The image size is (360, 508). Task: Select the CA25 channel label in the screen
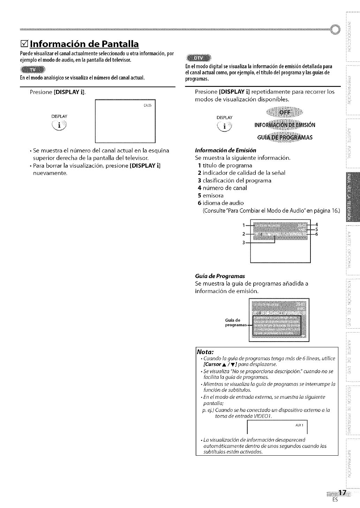click(x=147, y=106)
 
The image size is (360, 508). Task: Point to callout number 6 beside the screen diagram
click(x=316, y=234)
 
